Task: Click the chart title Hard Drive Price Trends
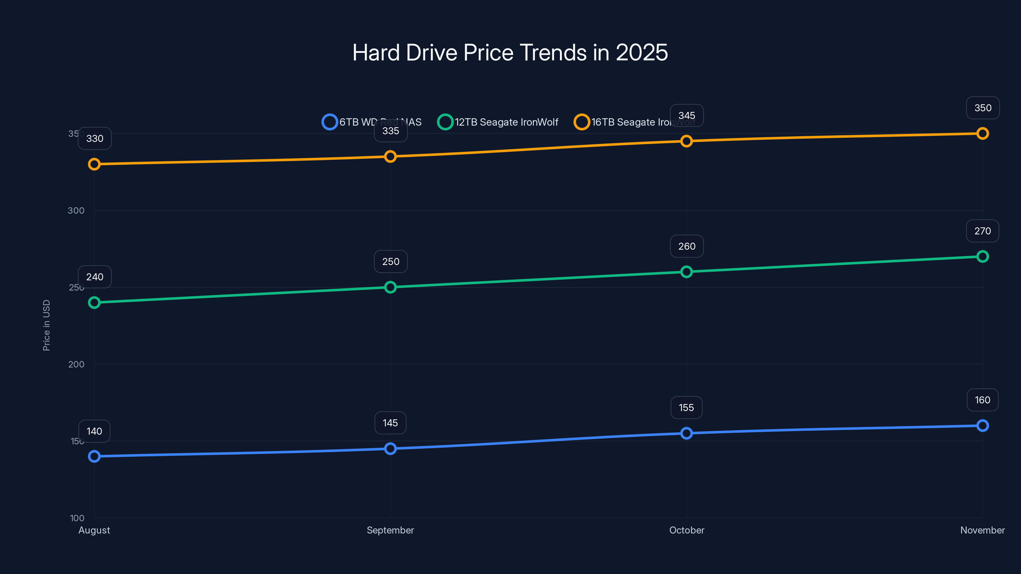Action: tap(510, 52)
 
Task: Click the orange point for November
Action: tap(982, 134)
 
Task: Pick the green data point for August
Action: tap(94, 303)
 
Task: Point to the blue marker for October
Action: tap(687, 433)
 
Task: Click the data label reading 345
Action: tap(687, 116)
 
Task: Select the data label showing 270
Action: tap(982, 231)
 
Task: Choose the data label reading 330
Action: tap(95, 139)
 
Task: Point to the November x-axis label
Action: tap(982, 530)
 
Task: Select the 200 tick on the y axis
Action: tap(76, 364)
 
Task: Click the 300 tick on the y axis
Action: tap(76, 210)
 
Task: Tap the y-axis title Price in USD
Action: tap(46, 325)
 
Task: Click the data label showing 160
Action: tap(982, 400)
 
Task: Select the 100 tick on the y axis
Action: tap(77, 518)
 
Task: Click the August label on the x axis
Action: tap(94, 530)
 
